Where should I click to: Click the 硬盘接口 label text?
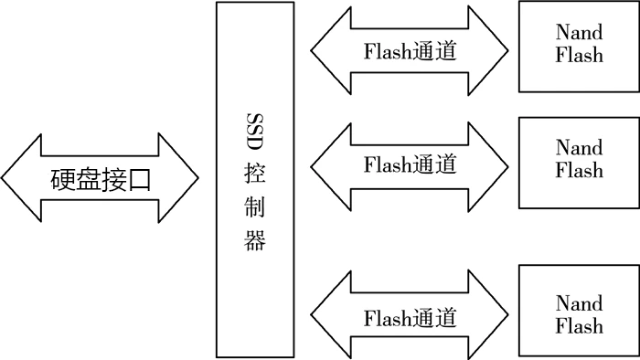(100, 178)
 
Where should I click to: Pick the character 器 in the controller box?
(255, 242)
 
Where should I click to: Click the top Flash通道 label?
(410, 50)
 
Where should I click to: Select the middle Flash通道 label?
(410, 164)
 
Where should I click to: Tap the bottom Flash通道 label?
(410, 317)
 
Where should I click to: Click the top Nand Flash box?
(579, 46)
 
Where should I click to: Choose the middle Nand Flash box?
(579, 162)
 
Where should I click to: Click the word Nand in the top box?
(579, 33)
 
